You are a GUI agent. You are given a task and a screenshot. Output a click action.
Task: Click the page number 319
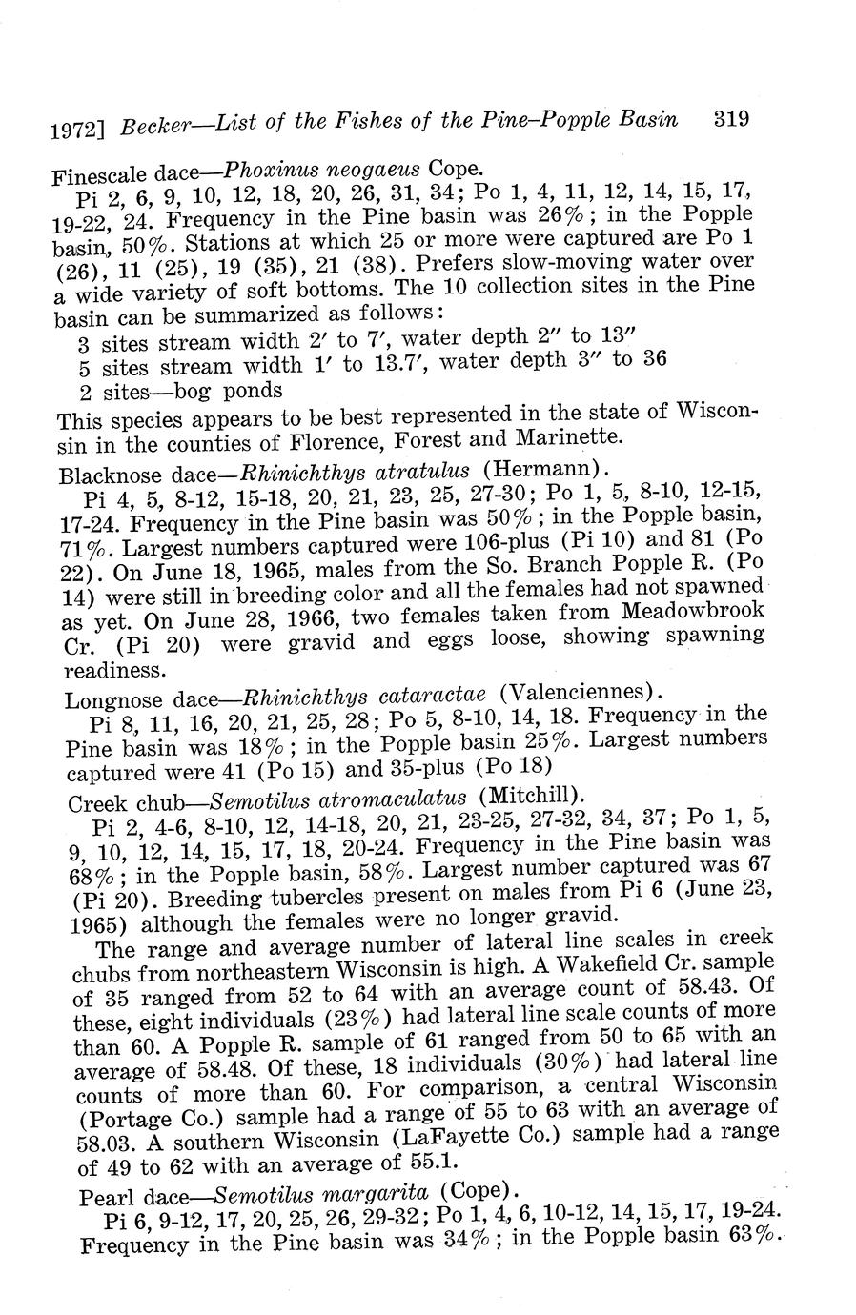tap(731, 119)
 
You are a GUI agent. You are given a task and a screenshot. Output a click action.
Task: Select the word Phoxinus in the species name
tap(266, 172)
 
